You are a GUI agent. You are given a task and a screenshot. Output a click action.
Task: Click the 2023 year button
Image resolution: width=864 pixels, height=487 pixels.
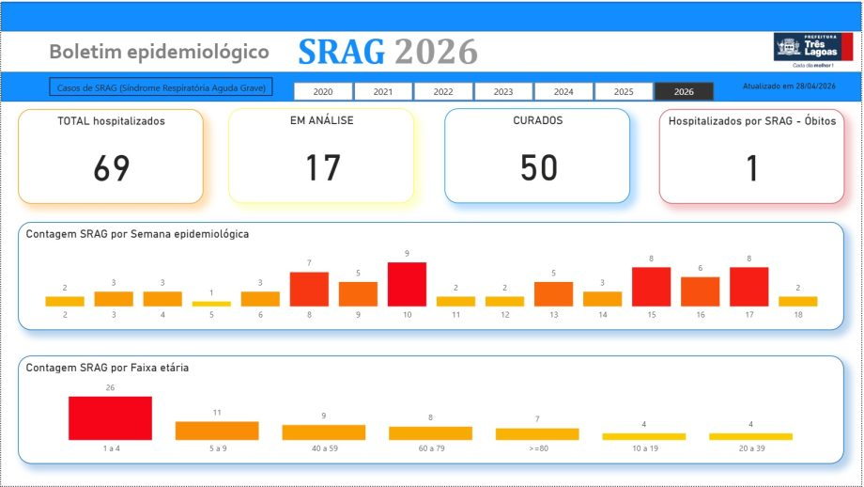coord(503,91)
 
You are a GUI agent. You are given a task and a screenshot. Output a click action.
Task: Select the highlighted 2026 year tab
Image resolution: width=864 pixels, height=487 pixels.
coord(684,91)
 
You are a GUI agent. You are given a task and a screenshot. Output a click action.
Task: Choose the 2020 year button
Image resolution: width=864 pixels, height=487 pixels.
coord(323,91)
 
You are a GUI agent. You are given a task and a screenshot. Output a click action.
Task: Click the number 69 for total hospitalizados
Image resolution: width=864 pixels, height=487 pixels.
coord(111,167)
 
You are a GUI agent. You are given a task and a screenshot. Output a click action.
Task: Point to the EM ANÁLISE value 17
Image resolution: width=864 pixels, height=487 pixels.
coord(321,167)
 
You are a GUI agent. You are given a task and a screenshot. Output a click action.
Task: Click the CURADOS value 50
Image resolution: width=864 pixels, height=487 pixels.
coord(538,167)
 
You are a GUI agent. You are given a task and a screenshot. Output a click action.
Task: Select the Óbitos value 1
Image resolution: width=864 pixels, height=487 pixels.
coord(751,167)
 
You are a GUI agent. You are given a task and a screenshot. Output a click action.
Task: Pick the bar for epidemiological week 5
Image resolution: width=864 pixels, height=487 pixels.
coord(211,304)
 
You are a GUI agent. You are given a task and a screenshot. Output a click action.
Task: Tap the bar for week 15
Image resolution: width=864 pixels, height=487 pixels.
coord(651,287)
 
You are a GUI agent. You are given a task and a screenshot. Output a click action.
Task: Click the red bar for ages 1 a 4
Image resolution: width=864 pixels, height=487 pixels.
coord(110,418)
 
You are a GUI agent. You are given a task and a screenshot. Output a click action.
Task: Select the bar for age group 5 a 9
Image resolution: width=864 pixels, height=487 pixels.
coord(217,431)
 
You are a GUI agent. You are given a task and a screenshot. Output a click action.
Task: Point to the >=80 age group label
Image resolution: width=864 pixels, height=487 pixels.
coord(538,449)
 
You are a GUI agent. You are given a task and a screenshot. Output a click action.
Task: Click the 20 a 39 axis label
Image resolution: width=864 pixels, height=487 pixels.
coord(750,449)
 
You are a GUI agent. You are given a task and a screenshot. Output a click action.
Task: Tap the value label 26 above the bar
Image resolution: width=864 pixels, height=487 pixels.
coord(110,386)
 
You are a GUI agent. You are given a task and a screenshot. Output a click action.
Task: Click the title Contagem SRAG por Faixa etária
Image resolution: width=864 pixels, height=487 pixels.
coord(107,368)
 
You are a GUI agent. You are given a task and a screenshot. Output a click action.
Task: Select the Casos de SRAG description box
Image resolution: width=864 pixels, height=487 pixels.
coord(161,87)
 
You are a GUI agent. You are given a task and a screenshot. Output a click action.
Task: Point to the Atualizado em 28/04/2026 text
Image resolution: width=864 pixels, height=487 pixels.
coord(789,86)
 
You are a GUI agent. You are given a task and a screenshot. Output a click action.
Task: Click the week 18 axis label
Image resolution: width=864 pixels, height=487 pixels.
coord(797,316)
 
